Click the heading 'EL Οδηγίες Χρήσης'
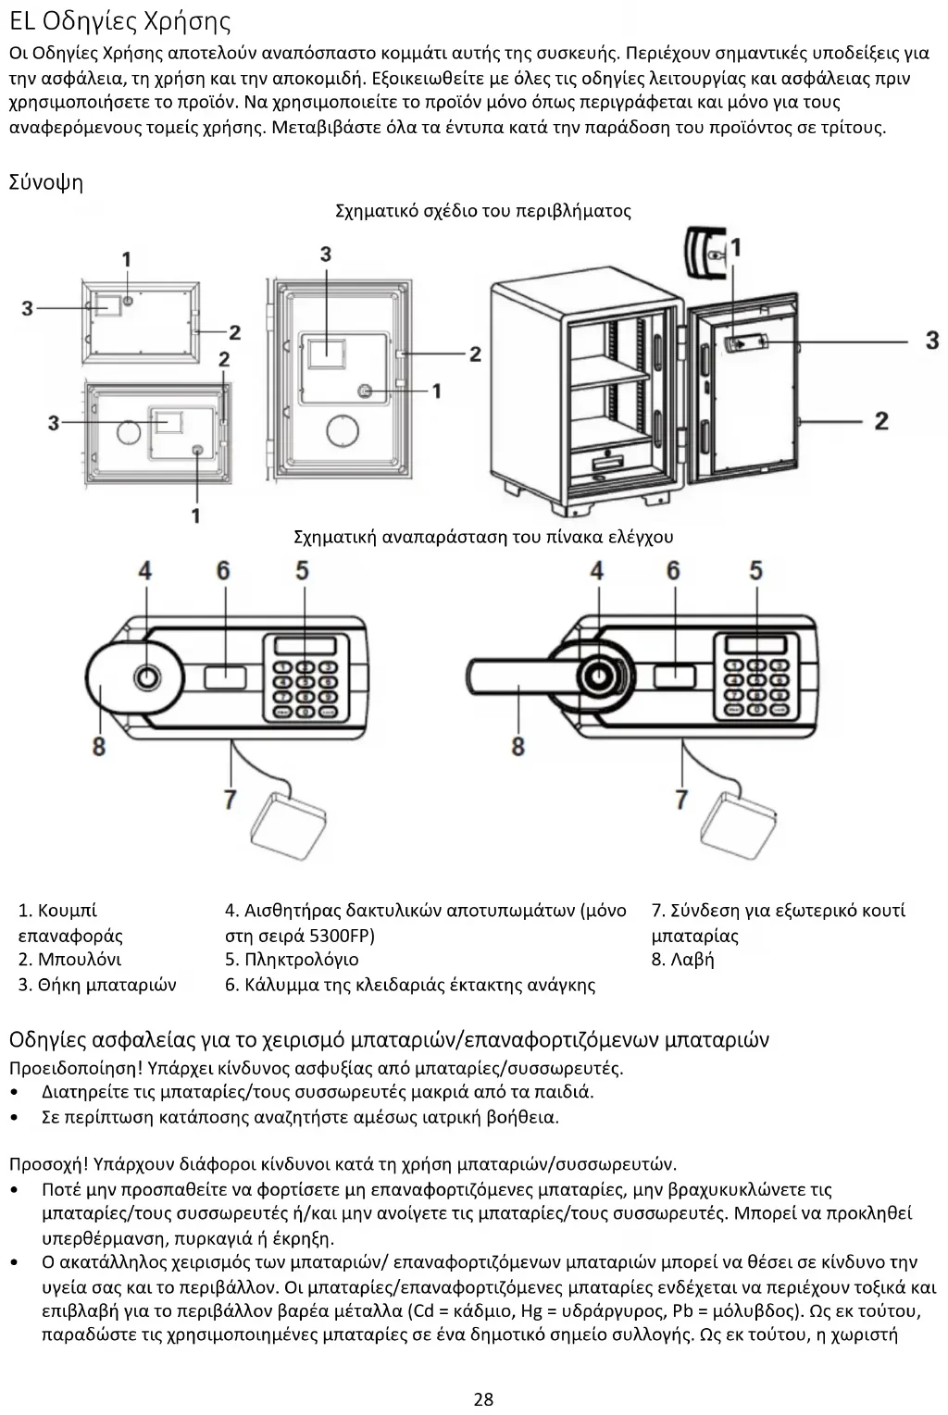point(120,21)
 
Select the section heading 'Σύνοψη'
point(46,182)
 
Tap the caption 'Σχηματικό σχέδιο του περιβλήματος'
point(482,211)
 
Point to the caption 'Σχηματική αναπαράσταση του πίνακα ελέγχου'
point(482,537)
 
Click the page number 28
point(483,1397)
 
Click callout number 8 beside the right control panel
point(518,745)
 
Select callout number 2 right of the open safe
point(880,421)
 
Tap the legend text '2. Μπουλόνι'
point(69,960)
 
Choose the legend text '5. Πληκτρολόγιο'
point(292,960)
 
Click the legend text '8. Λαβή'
point(683,960)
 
